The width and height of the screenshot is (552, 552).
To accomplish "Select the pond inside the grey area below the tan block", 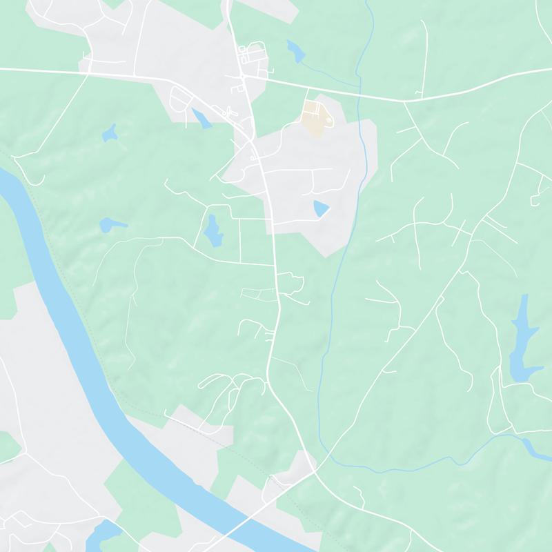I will (x=321, y=208).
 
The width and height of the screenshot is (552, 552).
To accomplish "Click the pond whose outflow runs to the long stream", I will (x=295, y=50).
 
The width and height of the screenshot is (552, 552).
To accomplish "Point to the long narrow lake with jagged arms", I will (x=522, y=338).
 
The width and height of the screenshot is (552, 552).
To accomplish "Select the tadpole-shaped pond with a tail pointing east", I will (x=111, y=224).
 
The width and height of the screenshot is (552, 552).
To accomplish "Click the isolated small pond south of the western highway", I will (x=109, y=132).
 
